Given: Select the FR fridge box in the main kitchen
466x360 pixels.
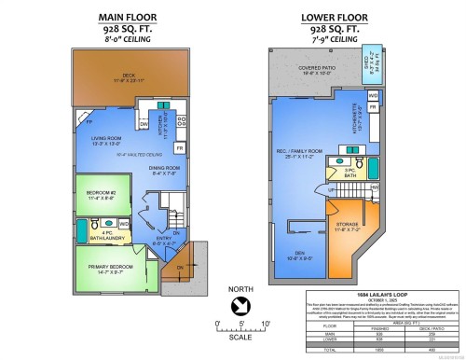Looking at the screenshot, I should coord(180,148).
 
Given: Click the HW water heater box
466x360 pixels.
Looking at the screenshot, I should coord(375,187).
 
